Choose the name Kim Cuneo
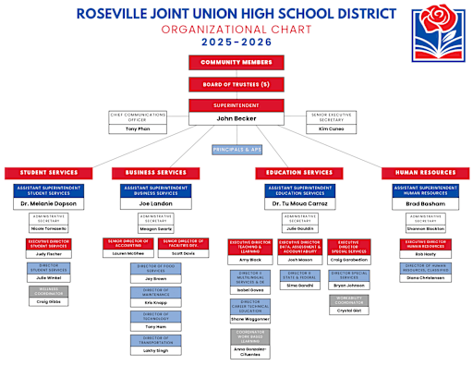click(x=332, y=128)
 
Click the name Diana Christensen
click(x=426, y=277)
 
